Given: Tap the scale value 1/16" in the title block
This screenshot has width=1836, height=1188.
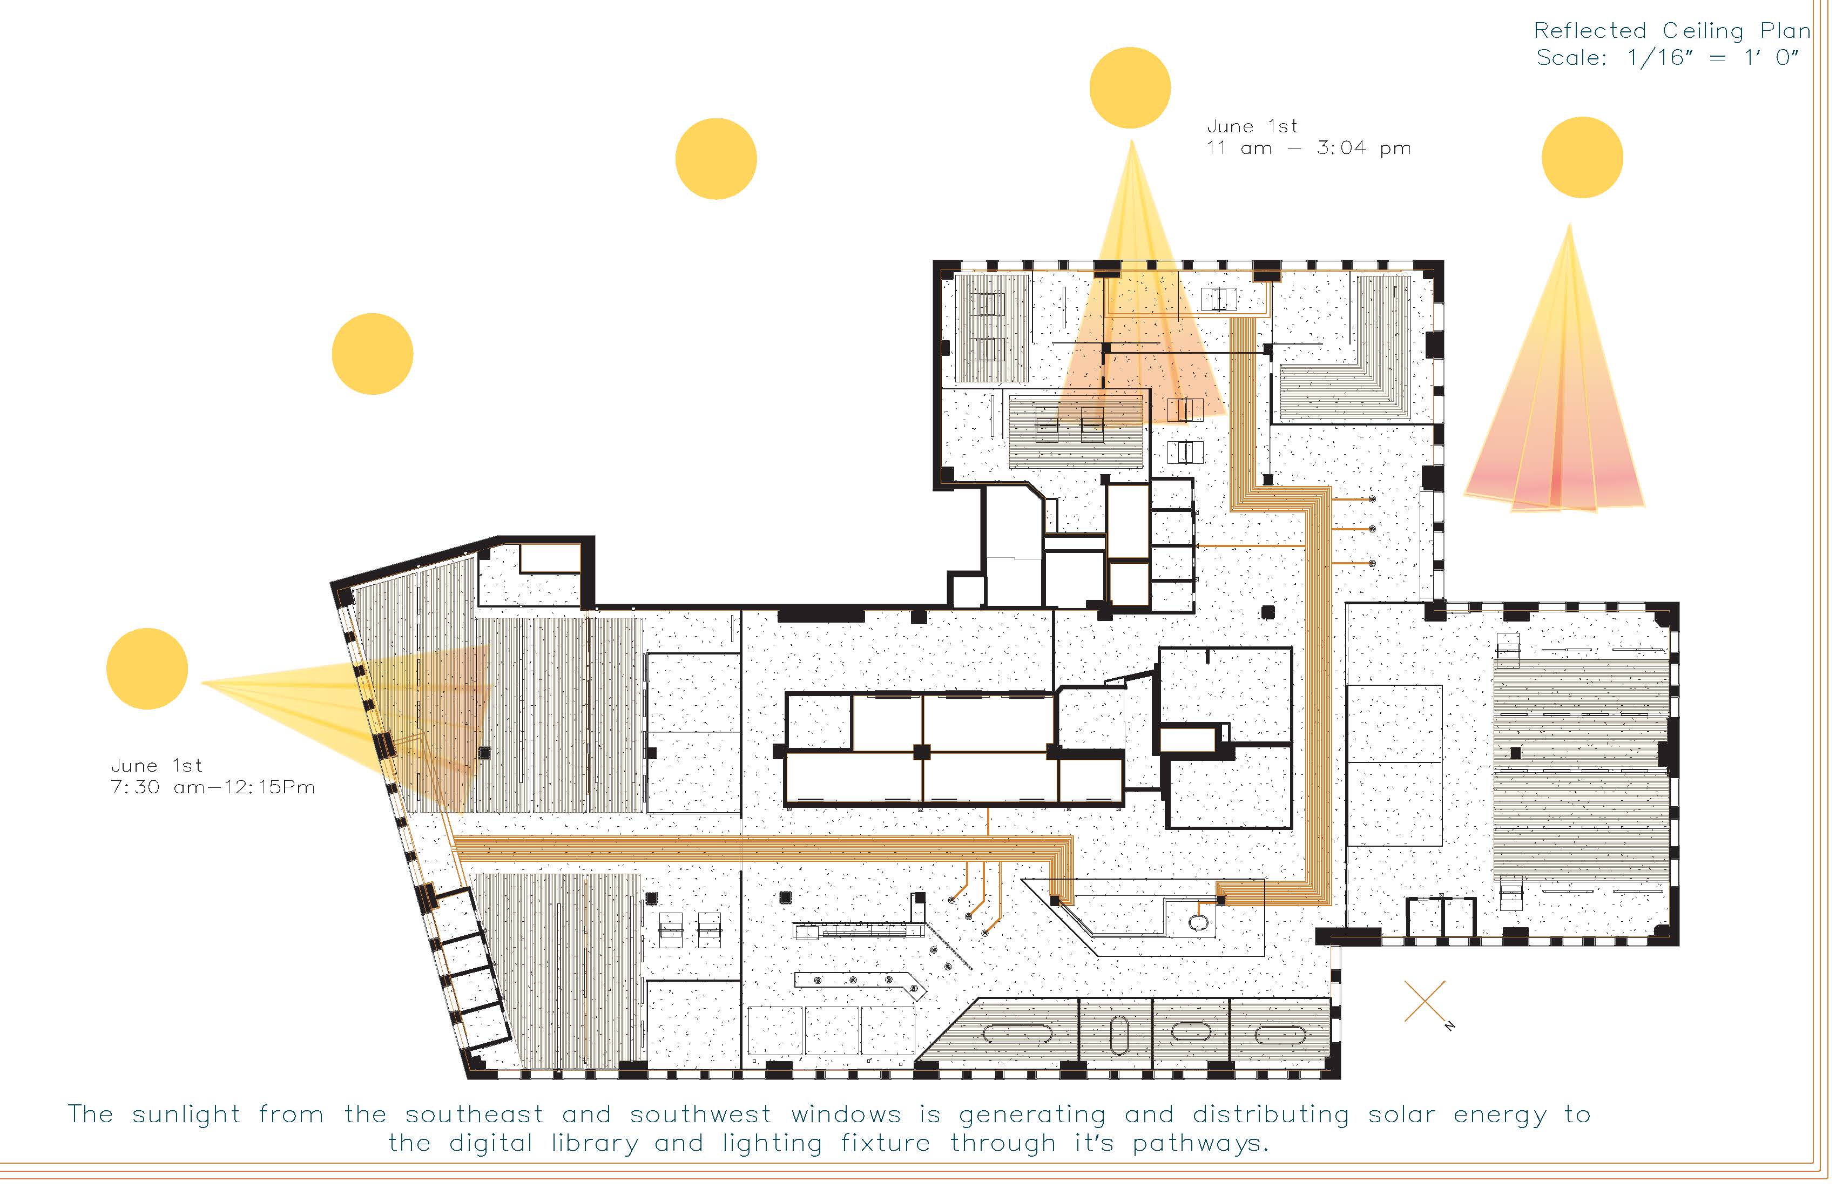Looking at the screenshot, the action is tap(1658, 58).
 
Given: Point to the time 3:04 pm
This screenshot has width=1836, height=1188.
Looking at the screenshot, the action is tap(1364, 148).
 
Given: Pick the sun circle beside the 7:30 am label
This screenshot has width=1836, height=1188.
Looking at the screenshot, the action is tap(147, 669).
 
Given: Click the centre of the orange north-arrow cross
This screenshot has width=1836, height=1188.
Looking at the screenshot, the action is tap(1425, 1001).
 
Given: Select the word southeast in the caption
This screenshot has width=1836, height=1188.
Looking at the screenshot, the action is tap(475, 1115).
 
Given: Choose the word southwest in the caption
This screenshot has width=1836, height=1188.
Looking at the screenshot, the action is tap(700, 1115).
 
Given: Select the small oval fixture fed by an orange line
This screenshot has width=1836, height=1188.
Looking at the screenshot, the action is tap(1199, 921).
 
